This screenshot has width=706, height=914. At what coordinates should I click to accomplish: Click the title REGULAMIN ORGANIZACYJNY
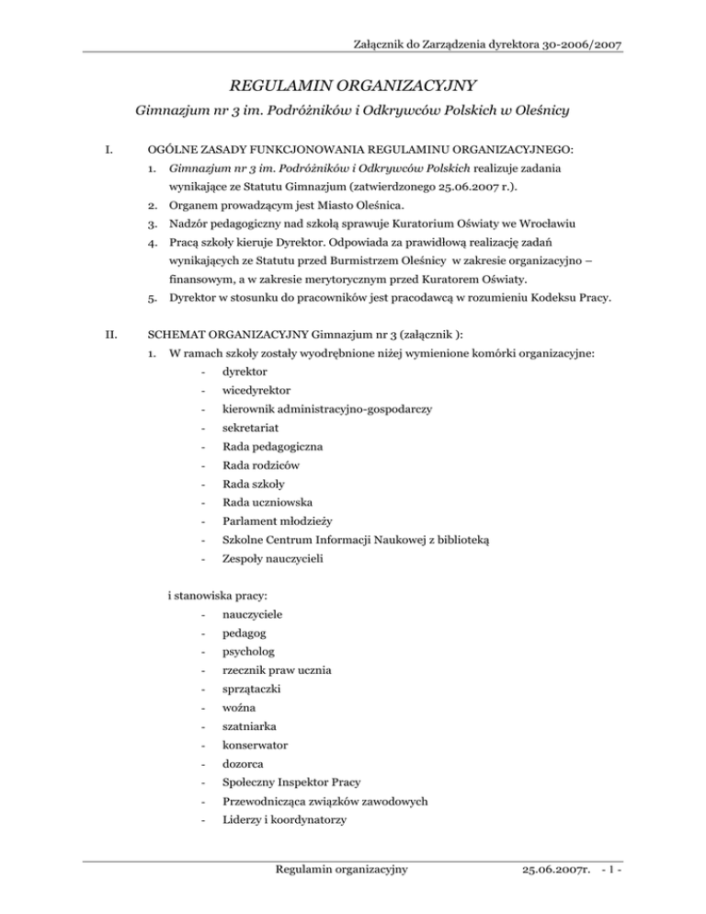point(352,86)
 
